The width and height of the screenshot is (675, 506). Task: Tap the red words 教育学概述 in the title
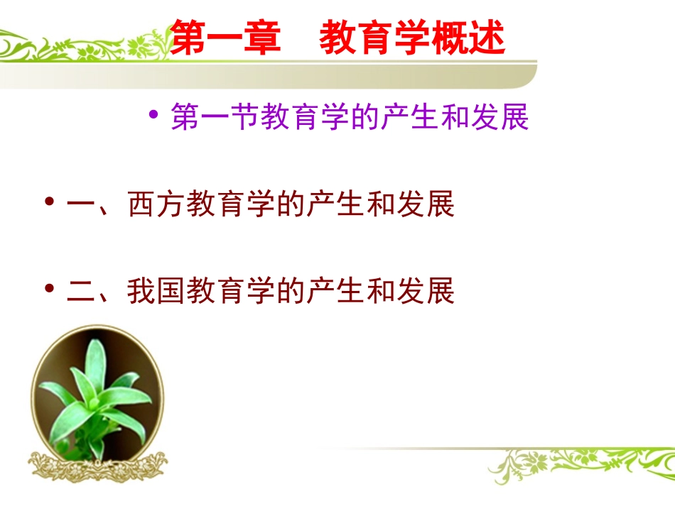(412, 38)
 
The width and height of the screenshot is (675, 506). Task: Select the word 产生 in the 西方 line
(335, 205)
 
